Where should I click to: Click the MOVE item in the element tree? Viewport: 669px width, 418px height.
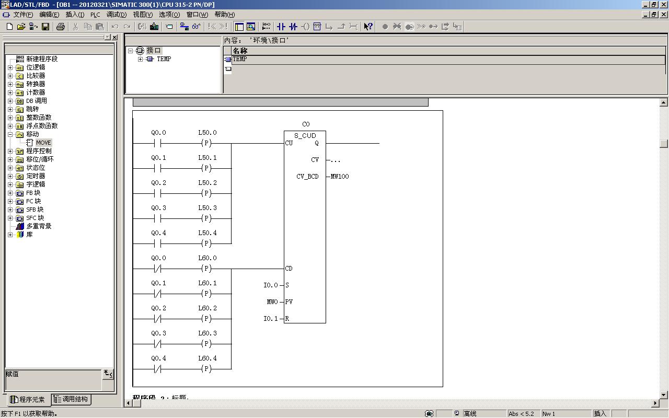click(43, 143)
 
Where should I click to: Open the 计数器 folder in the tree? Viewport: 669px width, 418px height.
click(36, 92)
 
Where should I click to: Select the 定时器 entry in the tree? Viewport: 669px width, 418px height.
click(36, 176)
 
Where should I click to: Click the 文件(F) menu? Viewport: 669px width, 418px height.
click(23, 15)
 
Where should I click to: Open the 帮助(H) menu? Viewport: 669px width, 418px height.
click(225, 15)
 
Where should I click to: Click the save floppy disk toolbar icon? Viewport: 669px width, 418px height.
click(45, 27)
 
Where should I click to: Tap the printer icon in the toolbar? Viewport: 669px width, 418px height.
click(60, 27)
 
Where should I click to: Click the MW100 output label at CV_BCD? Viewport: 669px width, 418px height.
click(340, 177)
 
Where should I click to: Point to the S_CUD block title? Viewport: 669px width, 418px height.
click(305, 136)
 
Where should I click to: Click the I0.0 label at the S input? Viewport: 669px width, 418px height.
click(271, 285)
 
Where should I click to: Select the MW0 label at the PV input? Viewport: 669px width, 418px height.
click(272, 302)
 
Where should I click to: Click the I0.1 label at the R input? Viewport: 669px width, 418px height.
click(271, 319)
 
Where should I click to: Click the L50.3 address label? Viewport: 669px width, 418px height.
click(207, 208)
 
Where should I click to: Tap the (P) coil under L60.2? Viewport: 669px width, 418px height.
click(206, 319)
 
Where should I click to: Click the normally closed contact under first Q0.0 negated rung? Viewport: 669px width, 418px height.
click(157, 269)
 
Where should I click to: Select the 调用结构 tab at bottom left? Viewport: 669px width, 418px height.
click(71, 399)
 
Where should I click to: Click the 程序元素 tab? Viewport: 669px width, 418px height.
click(28, 400)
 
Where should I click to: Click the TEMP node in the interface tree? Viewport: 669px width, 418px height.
click(164, 59)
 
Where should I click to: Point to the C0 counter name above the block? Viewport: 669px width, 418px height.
click(306, 124)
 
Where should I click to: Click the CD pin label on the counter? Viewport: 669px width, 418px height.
click(289, 269)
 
